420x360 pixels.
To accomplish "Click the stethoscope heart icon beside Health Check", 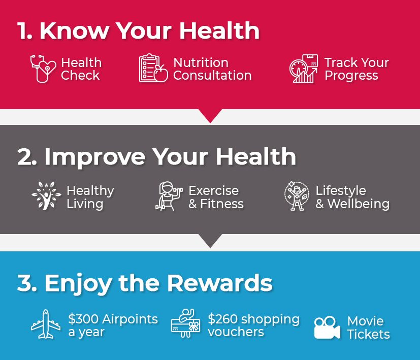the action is (43, 69).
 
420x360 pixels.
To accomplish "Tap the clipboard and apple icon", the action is (153, 68).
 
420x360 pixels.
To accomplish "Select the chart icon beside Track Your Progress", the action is (304, 69).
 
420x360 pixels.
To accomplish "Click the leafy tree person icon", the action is (46, 195).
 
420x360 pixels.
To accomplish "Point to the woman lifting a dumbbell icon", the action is (169, 196).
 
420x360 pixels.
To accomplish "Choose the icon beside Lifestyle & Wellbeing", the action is (297, 196).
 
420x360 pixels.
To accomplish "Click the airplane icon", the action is (46, 324).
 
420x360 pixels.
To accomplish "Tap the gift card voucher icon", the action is (186, 323).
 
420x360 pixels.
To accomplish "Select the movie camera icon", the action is (327, 328).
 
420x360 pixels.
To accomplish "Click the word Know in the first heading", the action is (74, 31).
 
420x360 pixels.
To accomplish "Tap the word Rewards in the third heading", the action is (220, 283).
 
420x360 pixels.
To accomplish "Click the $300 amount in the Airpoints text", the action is (83, 319).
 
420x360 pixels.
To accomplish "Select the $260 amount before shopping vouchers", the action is (222, 319).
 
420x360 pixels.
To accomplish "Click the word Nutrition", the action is (201, 62).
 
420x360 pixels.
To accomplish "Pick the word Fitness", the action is (222, 204).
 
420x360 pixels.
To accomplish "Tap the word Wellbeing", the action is (359, 205).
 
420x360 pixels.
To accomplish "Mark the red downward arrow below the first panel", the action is (210, 116).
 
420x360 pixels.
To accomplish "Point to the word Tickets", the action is (369, 334).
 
